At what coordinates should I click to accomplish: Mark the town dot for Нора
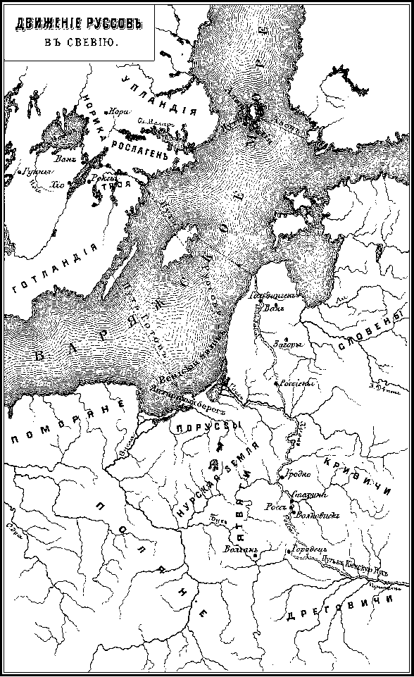coord(106,112)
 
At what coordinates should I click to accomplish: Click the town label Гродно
coord(299,473)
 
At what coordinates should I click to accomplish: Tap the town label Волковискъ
coord(315,516)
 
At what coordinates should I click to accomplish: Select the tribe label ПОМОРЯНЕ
coord(67,422)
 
